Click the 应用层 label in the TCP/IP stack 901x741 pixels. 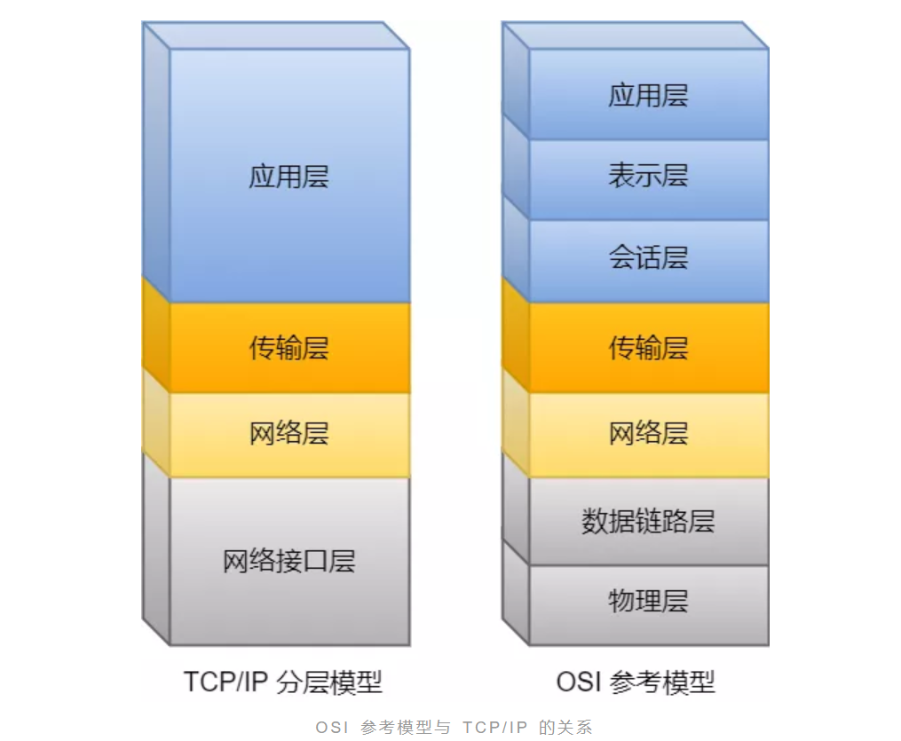tap(288, 176)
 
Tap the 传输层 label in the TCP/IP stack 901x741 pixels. tap(288, 347)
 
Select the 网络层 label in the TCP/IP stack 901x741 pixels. tap(288, 433)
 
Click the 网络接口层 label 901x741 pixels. tap(288, 561)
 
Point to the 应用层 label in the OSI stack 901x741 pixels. tap(648, 95)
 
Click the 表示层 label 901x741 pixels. tap(648, 175)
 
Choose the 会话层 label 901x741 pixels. tap(648, 258)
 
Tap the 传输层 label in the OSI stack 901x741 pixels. tap(648, 347)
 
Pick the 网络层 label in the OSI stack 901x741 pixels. tap(648, 433)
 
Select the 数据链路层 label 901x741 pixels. tap(648, 521)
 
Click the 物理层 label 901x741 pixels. tap(648, 601)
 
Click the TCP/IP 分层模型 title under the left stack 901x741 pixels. tap(282, 682)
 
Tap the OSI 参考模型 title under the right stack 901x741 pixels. tap(635, 682)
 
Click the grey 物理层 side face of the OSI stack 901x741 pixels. tap(515, 590)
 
